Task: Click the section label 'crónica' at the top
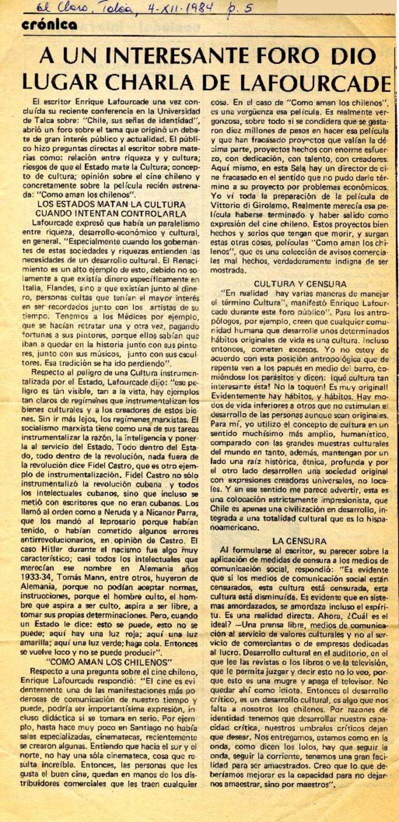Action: [x=49, y=25]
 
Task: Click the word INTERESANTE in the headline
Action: [x=169, y=56]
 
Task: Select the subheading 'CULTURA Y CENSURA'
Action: [x=300, y=284]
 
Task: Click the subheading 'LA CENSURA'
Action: [x=299, y=541]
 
